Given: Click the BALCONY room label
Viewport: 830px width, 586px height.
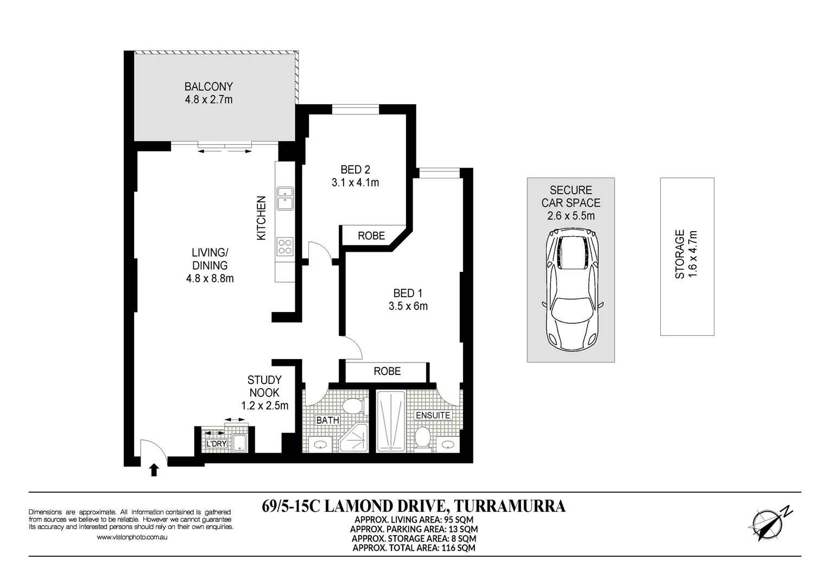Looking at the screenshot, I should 208,87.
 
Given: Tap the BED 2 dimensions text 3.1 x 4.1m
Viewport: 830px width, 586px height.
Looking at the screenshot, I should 355,183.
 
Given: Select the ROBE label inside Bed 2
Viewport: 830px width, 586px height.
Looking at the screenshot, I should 371,236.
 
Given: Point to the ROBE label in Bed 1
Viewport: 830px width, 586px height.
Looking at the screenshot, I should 387,371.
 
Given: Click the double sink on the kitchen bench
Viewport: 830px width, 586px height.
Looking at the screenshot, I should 284,198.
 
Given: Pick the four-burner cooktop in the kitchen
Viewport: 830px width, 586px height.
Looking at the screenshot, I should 284,247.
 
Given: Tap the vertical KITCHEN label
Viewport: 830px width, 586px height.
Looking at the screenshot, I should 262,219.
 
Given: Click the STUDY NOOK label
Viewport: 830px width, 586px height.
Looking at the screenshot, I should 264,386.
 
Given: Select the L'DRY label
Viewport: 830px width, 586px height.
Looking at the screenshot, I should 217,444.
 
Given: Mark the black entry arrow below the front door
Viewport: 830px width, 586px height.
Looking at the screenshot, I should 154,470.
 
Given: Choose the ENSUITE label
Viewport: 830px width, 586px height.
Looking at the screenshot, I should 433,416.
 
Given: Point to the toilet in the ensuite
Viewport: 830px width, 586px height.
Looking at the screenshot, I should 422,438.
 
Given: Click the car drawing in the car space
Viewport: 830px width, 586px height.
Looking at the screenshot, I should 571,289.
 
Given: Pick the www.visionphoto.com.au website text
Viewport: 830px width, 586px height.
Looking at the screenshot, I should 131,537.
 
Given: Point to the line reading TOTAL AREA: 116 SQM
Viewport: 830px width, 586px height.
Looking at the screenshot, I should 414,548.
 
